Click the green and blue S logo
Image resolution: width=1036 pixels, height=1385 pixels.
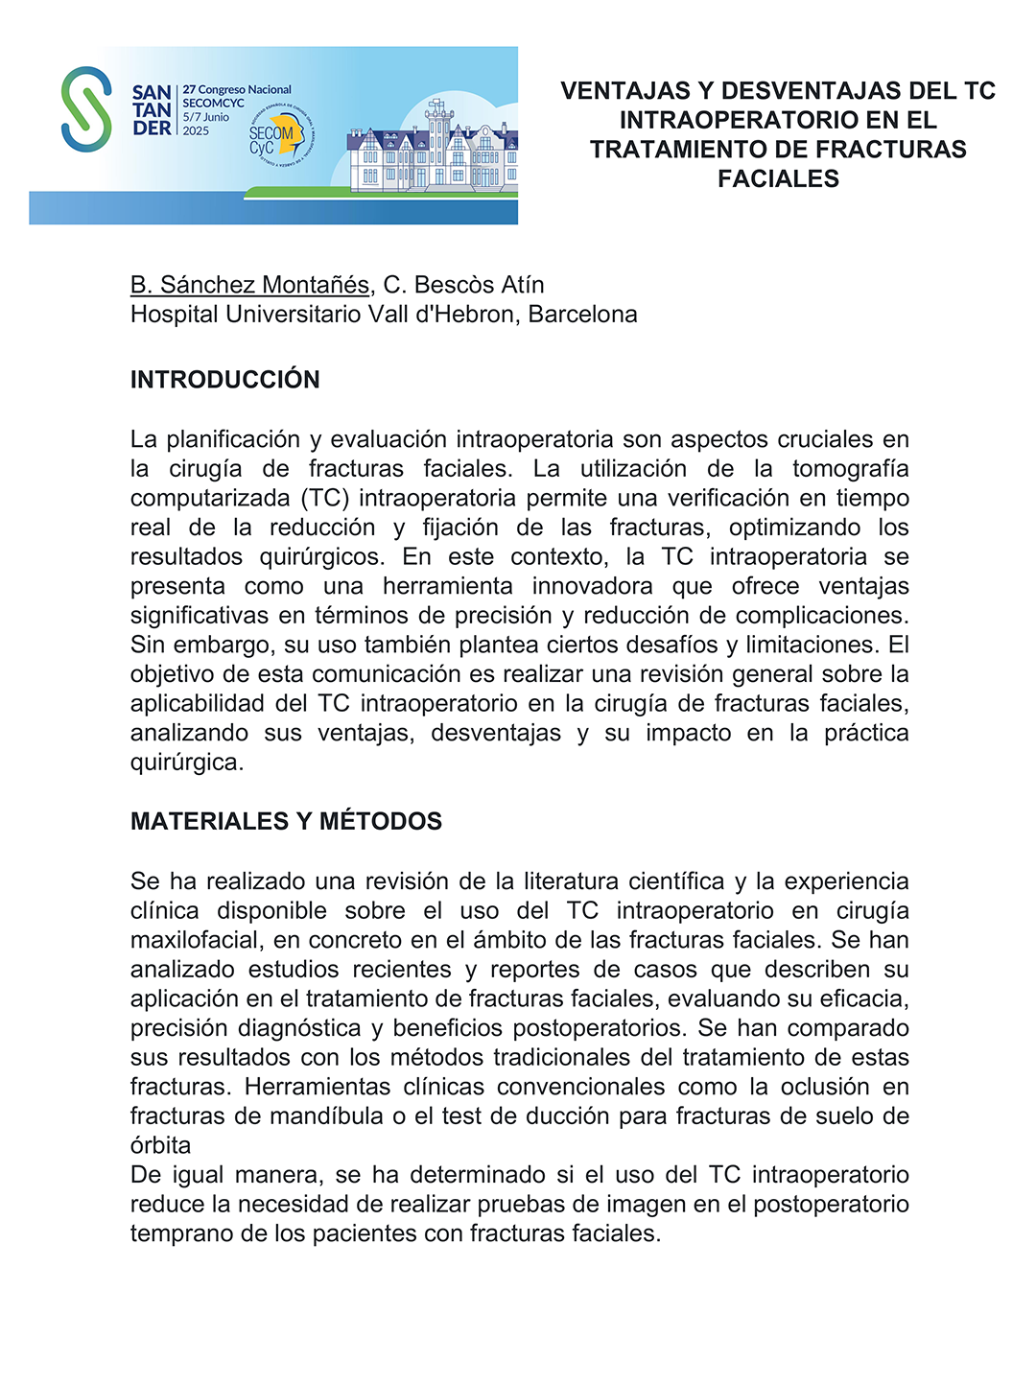click(x=86, y=109)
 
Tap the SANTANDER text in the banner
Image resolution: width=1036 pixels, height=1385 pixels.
click(x=152, y=110)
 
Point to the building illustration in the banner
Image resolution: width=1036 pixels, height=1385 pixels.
click(x=432, y=149)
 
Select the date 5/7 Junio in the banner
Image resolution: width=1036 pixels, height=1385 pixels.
click(x=206, y=117)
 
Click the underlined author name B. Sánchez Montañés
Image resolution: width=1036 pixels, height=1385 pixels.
click(x=249, y=285)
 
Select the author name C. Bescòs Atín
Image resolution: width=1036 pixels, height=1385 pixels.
click(x=463, y=285)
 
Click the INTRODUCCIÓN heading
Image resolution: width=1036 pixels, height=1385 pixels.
click(x=225, y=380)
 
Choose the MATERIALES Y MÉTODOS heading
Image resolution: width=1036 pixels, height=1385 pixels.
click(x=286, y=822)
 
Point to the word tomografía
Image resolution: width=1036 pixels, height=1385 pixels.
click(x=850, y=469)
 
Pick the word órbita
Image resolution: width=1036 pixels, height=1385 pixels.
click(x=160, y=1146)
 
